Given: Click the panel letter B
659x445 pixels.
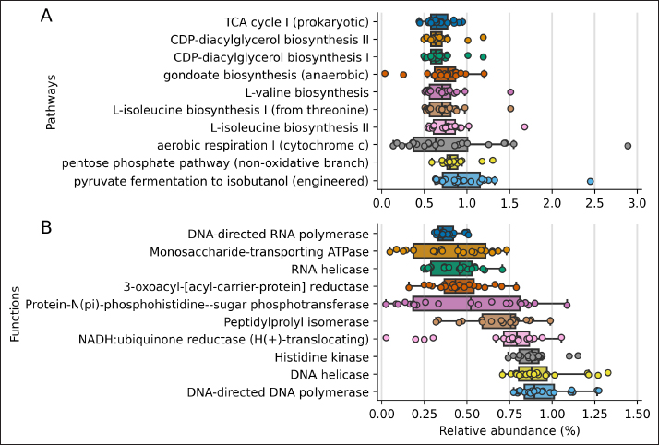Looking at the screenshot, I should [x=46, y=226].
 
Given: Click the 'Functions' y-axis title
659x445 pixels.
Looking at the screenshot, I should [x=16, y=314].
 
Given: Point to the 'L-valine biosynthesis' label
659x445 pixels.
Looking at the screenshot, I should [x=306, y=92].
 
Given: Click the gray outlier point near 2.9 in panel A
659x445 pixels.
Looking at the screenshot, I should [x=628, y=145].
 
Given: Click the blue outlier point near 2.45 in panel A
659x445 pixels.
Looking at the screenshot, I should [x=591, y=181].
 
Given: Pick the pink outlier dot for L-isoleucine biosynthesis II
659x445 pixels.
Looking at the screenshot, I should [x=524, y=126].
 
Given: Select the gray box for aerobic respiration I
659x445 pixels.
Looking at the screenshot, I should [x=439, y=145].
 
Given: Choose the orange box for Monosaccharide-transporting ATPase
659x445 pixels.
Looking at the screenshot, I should [x=449, y=251].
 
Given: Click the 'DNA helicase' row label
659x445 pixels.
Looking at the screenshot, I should [x=330, y=374].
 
